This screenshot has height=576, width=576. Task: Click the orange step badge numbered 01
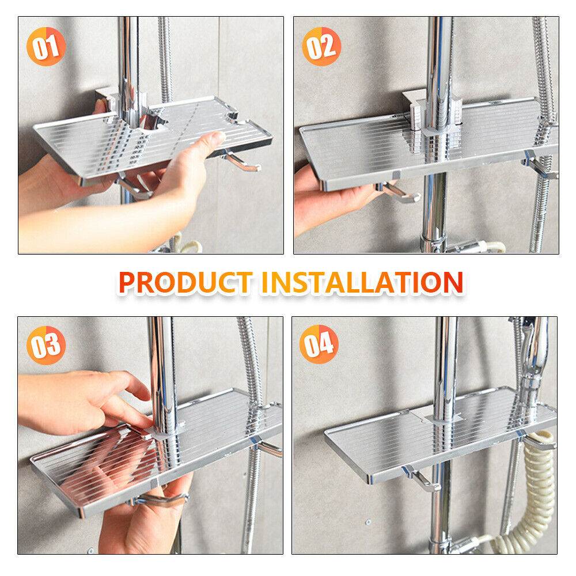pos(46,47)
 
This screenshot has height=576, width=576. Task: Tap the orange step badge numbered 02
pos(321,47)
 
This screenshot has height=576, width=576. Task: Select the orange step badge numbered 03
pos(46,345)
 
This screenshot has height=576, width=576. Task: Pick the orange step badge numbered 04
pos(319,344)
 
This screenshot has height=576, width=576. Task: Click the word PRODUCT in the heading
pos(185,282)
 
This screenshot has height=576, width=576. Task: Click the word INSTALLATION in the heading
pos(362,282)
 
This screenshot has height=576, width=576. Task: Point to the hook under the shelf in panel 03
pos(162,499)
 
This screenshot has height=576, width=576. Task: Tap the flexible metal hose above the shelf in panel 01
pos(165,59)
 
